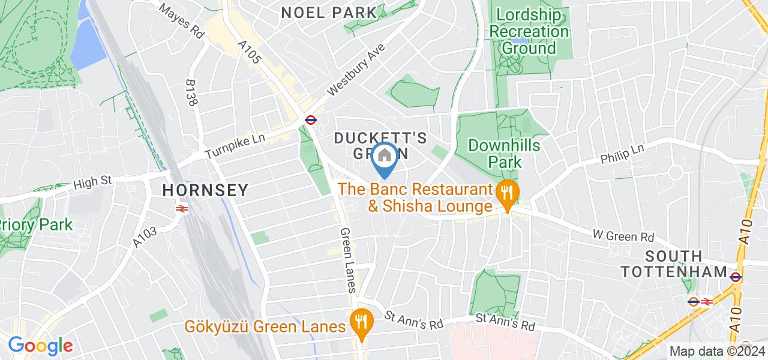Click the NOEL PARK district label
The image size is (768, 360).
tap(329, 12)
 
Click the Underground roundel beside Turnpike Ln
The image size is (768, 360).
tap(310, 119)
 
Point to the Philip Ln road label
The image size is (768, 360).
tap(622, 156)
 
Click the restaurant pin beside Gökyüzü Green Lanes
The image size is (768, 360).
tap(361, 322)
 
